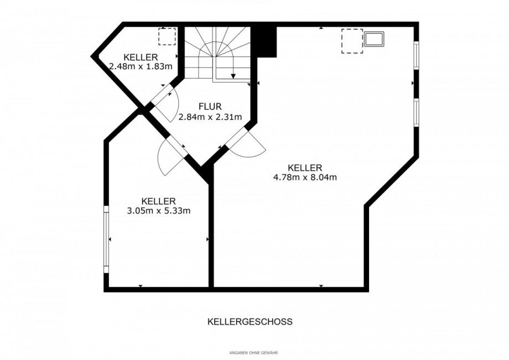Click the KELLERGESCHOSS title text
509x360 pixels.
tap(250, 321)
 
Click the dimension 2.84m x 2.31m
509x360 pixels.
tap(202, 117)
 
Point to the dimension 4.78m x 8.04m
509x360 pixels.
tap(305, 178)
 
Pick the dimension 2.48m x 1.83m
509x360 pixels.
tap(141, 66)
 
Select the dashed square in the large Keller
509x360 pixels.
tap(351, 41)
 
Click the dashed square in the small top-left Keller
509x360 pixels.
tap(167, 36)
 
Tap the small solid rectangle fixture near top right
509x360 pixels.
tap(375, 39)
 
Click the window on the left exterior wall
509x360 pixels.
tap(106, 239)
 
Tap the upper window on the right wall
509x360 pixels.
tap(416, 55)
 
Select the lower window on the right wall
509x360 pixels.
tap(416, 113)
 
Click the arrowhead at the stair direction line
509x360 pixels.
tap(234, 77)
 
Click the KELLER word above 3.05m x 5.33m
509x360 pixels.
tap(158, 201)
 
